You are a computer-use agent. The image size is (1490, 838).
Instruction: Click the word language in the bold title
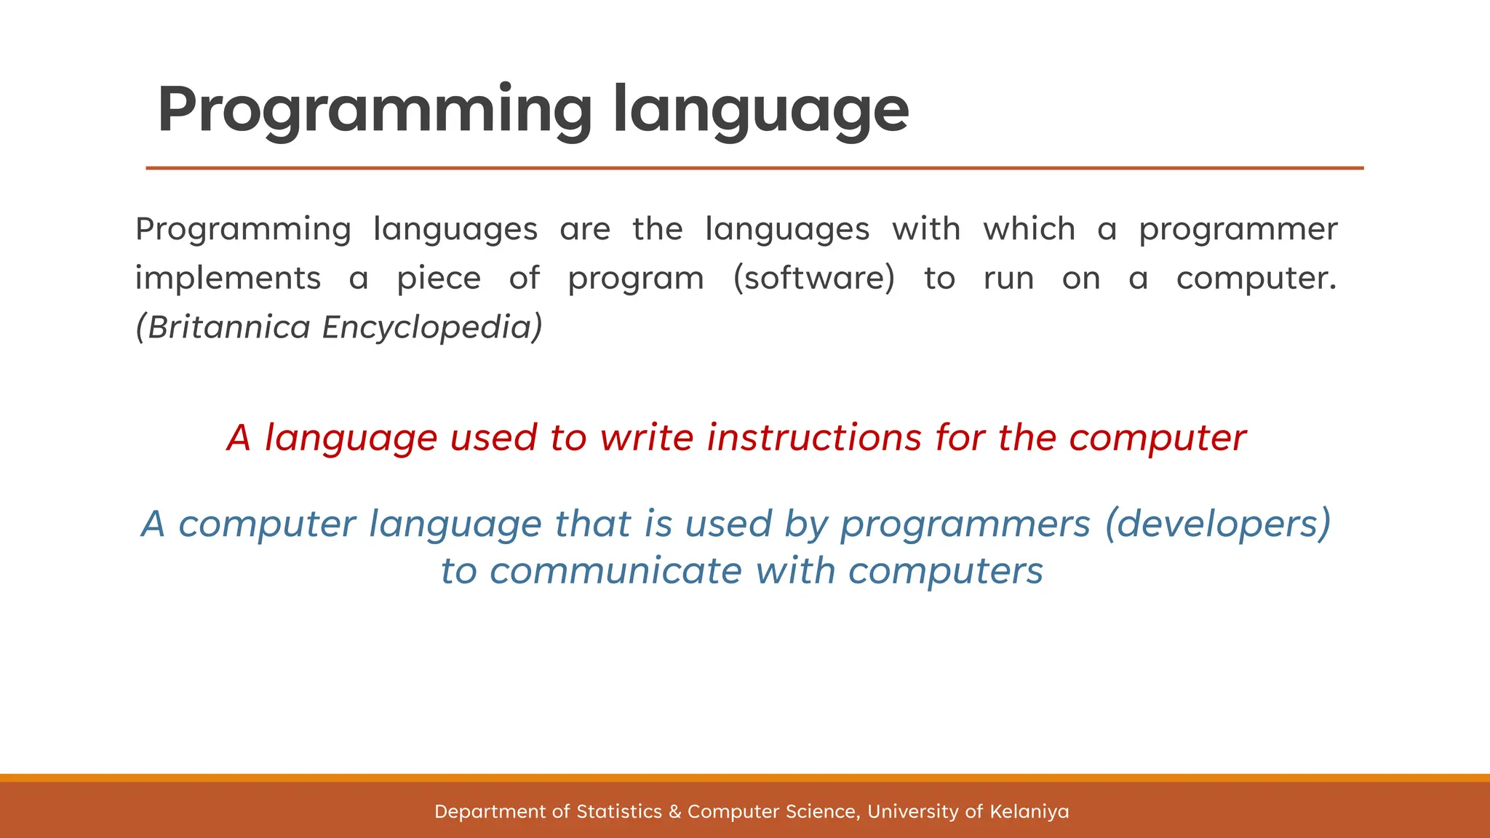click(760, 111)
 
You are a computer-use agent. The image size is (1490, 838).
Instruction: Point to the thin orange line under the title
click(754, 168)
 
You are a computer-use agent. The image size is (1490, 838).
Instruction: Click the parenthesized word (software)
click(814, 279)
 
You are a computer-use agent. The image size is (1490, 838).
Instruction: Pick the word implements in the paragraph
click(228, 279)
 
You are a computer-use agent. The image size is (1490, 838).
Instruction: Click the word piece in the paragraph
click(439, 279)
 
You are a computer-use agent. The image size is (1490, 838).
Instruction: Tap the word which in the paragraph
click(1029, 229)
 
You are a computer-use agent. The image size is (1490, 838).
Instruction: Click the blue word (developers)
click(1218, 524)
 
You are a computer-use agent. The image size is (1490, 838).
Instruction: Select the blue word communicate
click(615, 571)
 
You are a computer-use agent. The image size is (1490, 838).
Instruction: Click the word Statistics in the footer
click(619, 811)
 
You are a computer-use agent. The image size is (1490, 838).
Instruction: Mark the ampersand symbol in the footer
click(674, 811)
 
